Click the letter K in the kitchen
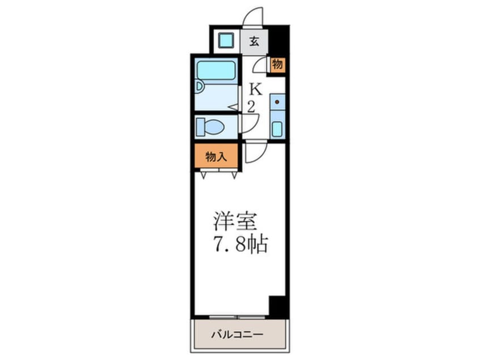click(256, 90)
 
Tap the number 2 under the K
click(250, 106)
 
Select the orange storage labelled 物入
click(216, 157)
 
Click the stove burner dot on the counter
click(277, 103)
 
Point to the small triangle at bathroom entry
click(233, 106)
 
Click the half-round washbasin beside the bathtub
click(198, 86)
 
